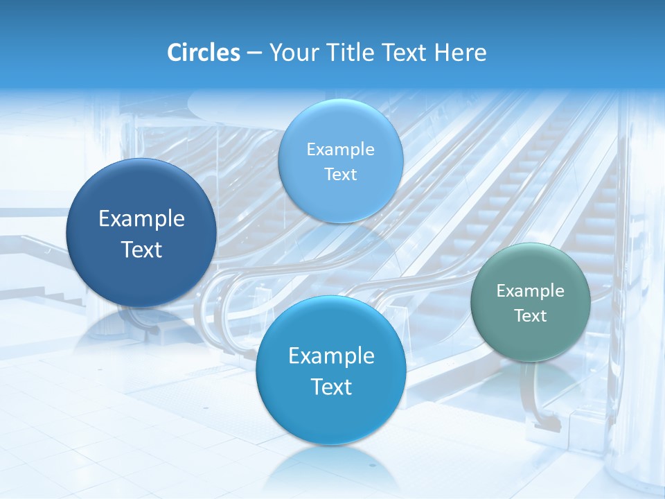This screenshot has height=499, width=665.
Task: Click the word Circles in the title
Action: (x=204, y=53)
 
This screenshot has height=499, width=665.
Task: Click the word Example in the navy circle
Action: (x=141, y=219)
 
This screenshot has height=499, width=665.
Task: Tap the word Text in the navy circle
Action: (x=141, y=249)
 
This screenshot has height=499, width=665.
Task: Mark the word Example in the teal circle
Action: (x=531, y=291)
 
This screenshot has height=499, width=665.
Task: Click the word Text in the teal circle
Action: (x=531, y=316)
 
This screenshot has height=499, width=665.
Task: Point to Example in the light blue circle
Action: (x=341, y=149)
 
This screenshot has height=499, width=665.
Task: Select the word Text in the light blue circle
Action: (x=341, y=174)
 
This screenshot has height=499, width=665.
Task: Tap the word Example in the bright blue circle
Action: (x=331, y=356)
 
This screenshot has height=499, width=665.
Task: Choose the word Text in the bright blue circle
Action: (x=331, y=387)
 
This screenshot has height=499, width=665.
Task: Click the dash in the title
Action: (x=254, y=53)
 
